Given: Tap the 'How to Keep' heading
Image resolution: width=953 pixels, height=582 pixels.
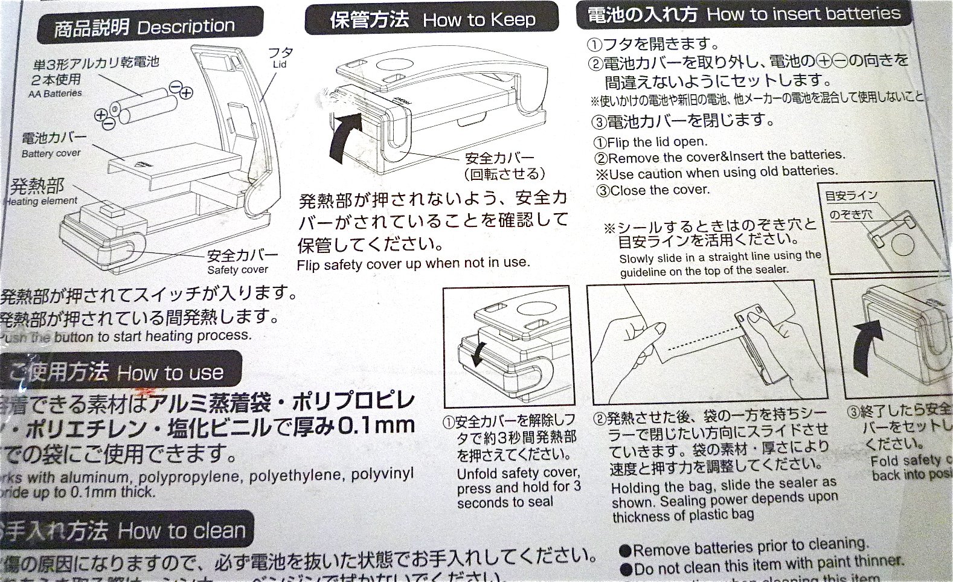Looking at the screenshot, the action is click(431, 19).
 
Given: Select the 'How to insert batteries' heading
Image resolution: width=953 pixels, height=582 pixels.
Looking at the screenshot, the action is click(743, 14).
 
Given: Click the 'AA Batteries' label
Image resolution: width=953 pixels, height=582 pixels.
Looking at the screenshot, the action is click(55, 94).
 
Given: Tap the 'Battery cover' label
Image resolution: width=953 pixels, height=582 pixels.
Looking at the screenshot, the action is click(51, 153).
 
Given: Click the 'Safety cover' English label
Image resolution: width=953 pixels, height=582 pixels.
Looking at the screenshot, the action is click(237, 270).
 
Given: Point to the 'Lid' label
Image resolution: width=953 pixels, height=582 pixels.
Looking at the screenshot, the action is click(280, 64).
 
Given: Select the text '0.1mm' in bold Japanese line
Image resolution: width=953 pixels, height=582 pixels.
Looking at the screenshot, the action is click(375, 425).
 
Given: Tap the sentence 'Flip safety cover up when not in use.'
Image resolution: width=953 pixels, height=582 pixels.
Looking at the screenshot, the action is click(413, 264).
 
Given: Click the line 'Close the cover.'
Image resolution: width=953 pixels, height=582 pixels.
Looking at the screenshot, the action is click(653, 190).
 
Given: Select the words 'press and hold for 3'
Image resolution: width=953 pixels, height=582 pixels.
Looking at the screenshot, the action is click(518, 487).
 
